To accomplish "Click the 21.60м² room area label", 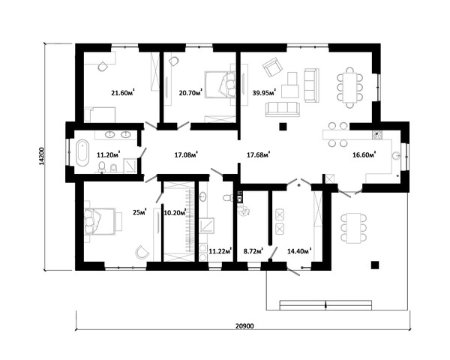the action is (123, 92).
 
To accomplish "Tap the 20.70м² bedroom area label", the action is (190, 92).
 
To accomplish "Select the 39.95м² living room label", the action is (264, 92).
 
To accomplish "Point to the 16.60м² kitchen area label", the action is (364, 155).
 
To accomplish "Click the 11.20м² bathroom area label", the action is (108, 155).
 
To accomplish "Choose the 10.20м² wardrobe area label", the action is (175, 213).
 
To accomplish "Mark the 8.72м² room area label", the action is (253, 251).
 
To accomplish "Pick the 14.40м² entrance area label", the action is (299, 251).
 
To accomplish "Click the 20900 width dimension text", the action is (244, 325).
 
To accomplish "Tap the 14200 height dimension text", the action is (41, 156).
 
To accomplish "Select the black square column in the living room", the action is (283, 127).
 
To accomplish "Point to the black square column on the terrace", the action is (375, 265).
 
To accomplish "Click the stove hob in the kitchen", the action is (376, 135).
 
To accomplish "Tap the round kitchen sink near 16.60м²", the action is (396, 156).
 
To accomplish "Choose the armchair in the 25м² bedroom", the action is (142, 252).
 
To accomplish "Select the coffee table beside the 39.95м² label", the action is (290, 85).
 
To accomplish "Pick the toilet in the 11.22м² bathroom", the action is (228, 198).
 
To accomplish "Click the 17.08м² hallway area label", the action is (186, 155).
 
